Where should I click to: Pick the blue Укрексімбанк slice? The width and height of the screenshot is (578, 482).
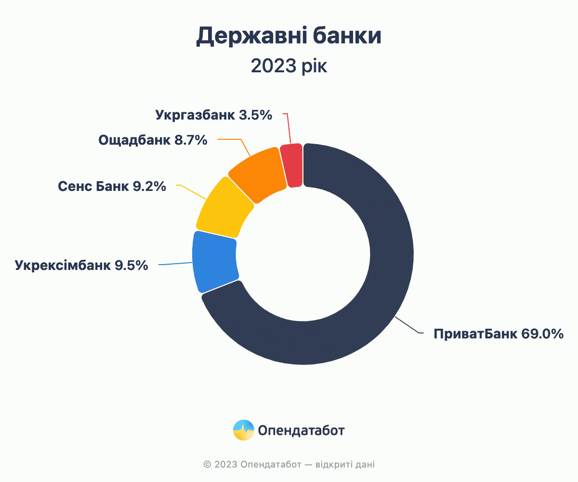[x=215, y=261]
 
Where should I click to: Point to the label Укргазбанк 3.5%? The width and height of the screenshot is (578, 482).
[x=214, y=115]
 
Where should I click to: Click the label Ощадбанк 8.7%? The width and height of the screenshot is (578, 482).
[x=153, y=140]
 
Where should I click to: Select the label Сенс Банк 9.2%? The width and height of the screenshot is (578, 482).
[x=112, y=186]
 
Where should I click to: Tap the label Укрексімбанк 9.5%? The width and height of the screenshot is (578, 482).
[x=81, y=265]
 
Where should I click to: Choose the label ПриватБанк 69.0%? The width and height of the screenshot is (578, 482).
[x=499, y=334]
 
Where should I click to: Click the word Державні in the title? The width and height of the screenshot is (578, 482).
[x=251, y=36]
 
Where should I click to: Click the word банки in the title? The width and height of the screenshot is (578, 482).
[x=347, y=36]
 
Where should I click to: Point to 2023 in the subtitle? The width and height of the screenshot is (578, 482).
[x=274, y=66]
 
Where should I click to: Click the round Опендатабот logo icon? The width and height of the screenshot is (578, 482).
[x=244, y=430]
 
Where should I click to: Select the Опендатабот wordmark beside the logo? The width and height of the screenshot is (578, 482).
[x=301, y=430]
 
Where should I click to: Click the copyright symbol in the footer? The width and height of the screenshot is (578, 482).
[x=207, y=464]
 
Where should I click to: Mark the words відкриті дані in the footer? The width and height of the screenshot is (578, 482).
[x=345, y=464]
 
